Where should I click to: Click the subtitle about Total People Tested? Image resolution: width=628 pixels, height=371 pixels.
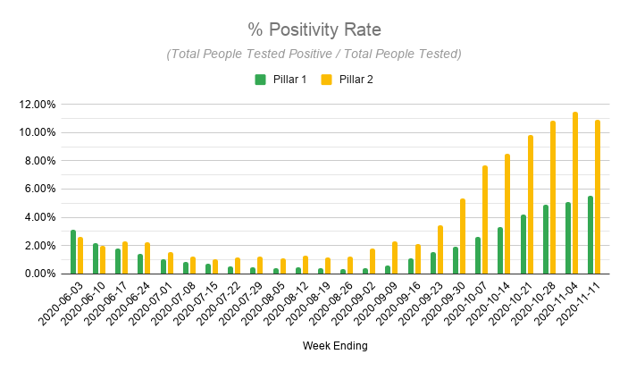coord(314,54)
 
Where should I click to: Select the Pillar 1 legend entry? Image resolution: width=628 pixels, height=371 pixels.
coord(281,80)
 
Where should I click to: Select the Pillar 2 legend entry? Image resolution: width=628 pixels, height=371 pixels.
coord(348,80)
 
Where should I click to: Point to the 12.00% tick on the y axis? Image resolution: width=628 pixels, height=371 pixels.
coord(38,105)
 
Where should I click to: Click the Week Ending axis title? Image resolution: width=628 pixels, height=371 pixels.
coord(336,345)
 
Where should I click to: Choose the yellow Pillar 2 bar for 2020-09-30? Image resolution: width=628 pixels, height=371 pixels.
coord(463,236)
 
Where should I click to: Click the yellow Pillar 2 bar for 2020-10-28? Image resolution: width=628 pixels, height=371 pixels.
coord(553,198)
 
